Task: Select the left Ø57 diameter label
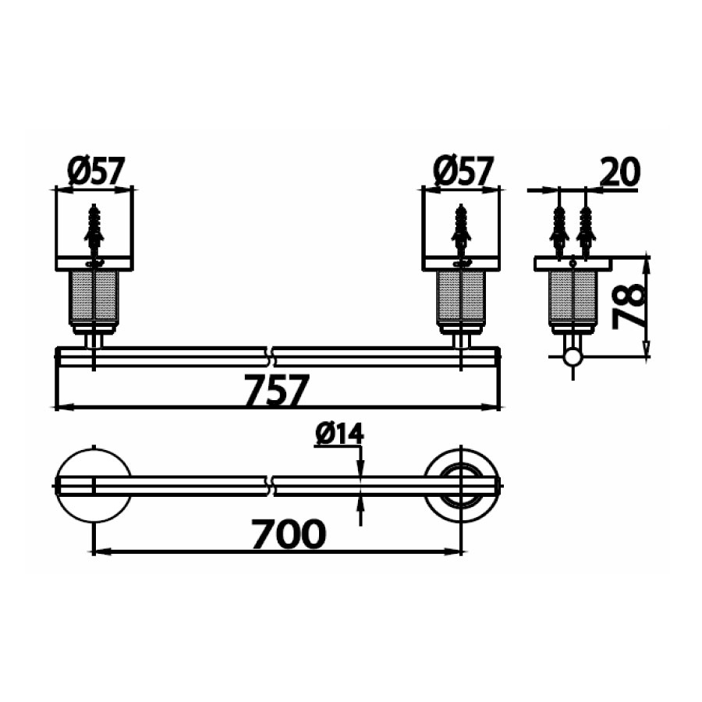pyautogui.click(x=96, y=171)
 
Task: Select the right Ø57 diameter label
pyautogui.click(x=463, y=171)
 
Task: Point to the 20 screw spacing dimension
pyautogui.click(x=621, y=171)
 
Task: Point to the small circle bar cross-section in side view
pyautogui.click(x=573, y=357)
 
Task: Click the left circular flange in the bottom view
pyautogui.click(x=94, y=484)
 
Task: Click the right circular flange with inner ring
pyautogui.click(x=462, y=484)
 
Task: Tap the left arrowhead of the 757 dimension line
pyautogui.click(x=60, y=407)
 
